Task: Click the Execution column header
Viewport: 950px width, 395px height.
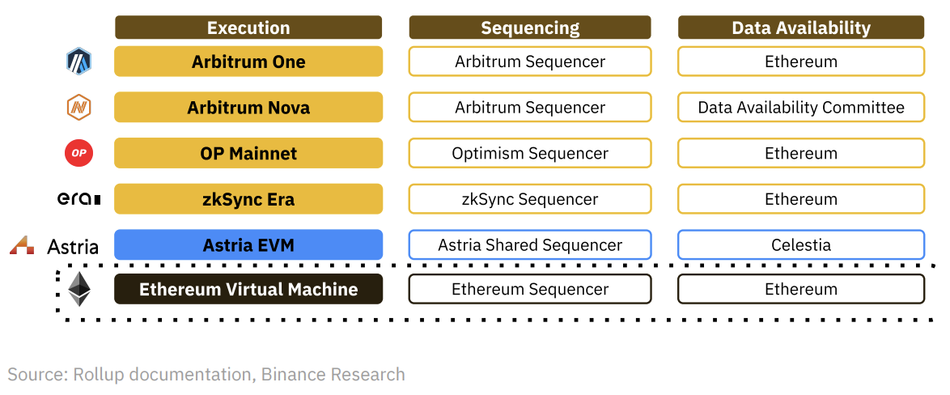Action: point(248,28)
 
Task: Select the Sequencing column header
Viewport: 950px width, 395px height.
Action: point(530,28)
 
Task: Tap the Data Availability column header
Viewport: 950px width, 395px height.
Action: point(801,28)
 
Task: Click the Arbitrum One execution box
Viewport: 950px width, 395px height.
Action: point(248,62)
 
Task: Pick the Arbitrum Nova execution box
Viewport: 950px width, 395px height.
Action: point(248,108)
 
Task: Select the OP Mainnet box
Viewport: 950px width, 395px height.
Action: point(248,153)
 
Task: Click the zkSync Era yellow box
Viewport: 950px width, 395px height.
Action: point(248,199)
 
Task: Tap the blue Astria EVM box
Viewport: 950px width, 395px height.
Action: point(248,244)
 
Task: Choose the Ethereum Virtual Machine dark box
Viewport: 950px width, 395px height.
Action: point(248,289)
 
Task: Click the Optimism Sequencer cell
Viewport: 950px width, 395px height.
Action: point(530,153)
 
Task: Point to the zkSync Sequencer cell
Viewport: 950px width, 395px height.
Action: point(530,199)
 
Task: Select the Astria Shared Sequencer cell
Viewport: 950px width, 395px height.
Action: point(530,244)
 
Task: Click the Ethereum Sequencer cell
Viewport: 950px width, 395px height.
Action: point(530,289)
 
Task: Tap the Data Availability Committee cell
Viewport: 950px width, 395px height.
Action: point(801,108)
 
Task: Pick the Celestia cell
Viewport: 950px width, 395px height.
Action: point(801,244)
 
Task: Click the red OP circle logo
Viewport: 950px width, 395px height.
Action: point(78,153)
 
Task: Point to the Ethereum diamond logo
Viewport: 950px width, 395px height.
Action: point(79,289)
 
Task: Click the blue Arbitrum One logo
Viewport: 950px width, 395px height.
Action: point(78,61)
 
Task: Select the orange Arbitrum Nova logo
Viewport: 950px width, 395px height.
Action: point(78,107)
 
